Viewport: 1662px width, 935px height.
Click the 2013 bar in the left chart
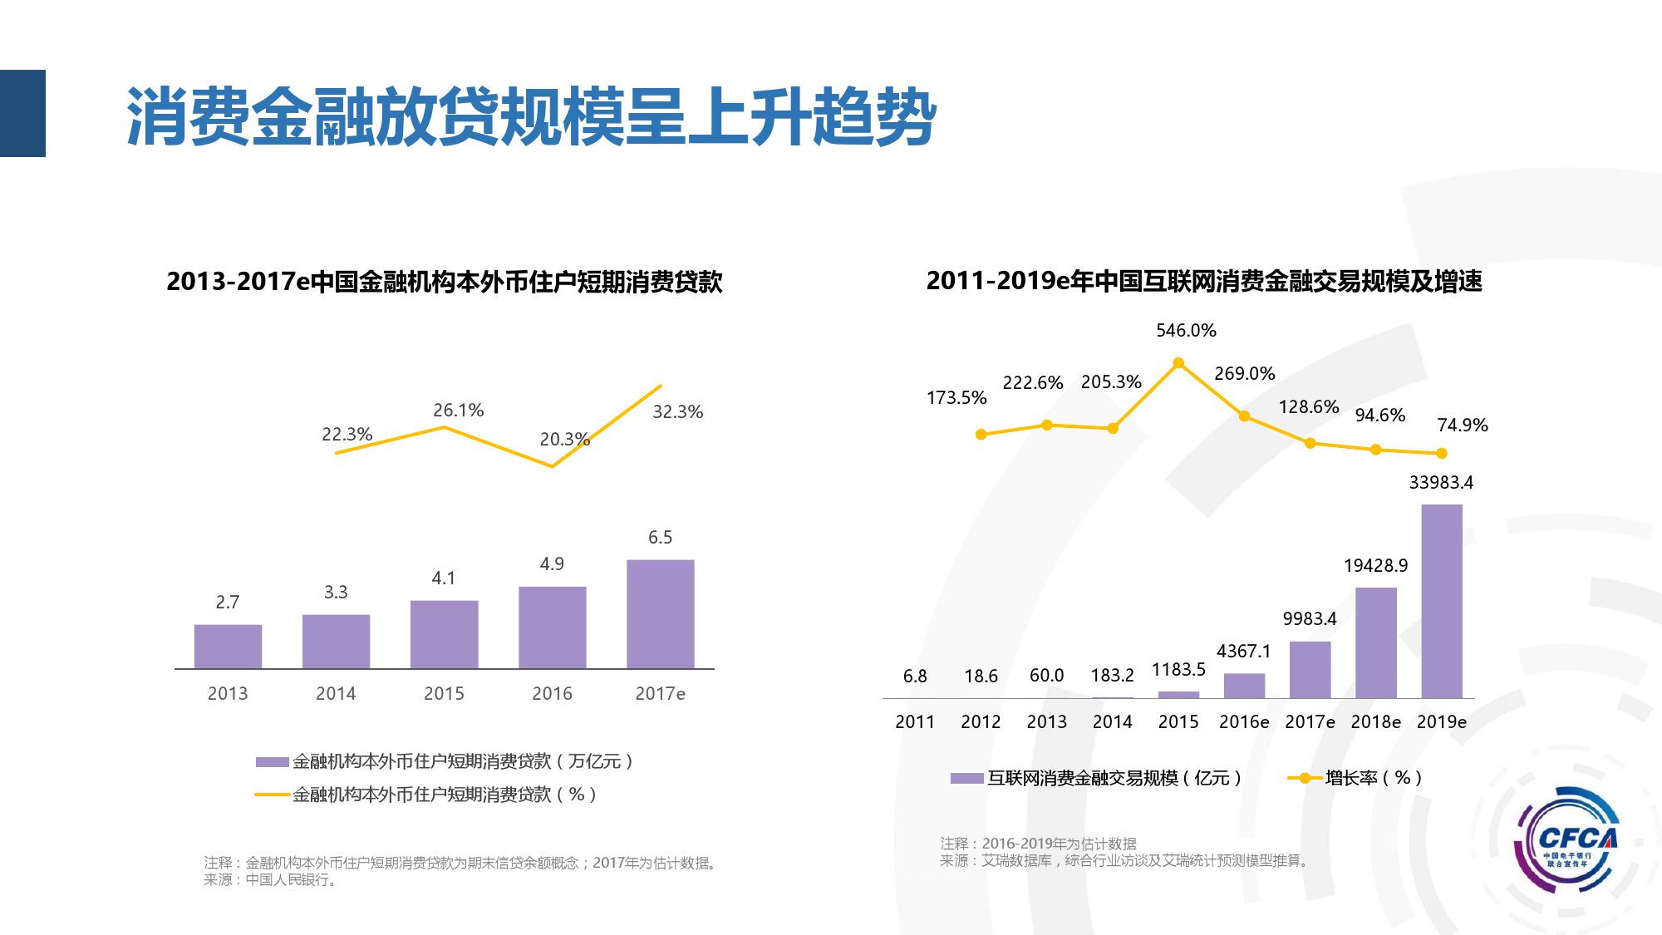228,646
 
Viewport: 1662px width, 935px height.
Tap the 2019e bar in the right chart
1441,601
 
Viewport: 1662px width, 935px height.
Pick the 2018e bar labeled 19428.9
1375,642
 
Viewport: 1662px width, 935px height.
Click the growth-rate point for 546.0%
1178,363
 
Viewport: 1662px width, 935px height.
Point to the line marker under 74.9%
1442,453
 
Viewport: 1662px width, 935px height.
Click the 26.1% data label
458,411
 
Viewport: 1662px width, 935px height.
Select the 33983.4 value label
1441,483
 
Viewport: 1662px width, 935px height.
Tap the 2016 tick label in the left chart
552,694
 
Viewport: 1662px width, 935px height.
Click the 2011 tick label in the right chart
915,722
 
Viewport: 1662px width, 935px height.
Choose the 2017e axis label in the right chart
1310,722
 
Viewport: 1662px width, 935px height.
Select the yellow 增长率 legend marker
1304,779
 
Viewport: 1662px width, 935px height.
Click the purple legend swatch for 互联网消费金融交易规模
966,779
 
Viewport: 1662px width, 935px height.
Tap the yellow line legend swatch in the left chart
272,795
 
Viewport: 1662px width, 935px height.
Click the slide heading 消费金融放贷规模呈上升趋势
532,116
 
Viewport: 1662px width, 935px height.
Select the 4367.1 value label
1244,652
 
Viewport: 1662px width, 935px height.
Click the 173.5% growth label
956,398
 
